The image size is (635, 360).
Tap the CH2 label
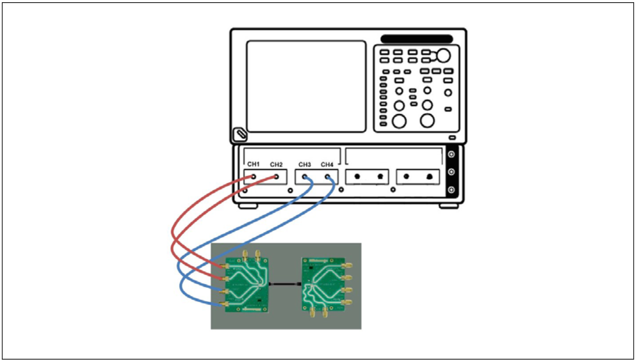point(277,164)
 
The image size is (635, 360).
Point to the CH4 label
point(327,164)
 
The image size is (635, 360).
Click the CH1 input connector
point(253,177)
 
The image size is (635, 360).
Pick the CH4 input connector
point(328,177)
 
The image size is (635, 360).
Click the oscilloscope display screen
point(306,86)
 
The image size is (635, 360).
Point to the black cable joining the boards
point(285,283)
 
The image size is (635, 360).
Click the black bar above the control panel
point(416,39)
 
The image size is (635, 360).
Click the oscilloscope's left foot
point(247,206)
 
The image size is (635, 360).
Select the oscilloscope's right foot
point(448,206)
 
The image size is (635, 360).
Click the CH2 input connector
point(277,177)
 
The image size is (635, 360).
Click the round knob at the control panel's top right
point(443,55)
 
